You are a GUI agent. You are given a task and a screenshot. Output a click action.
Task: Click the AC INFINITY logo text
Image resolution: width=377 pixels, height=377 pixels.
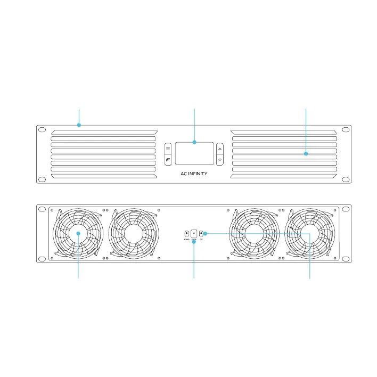[x=194, y=174]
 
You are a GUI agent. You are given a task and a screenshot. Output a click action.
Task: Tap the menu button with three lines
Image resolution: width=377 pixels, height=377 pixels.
[x=168, y=150]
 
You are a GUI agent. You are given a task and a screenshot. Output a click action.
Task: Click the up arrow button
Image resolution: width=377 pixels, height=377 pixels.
[x=220, y=150]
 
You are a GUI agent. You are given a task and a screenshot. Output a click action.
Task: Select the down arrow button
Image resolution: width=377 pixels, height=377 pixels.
[x=220, y=159]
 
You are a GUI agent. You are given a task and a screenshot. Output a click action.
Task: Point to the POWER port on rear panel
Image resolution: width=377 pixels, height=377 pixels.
[x=187, y=233]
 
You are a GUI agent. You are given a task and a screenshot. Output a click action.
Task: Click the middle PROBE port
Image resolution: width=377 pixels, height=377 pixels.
[x=194, y=233]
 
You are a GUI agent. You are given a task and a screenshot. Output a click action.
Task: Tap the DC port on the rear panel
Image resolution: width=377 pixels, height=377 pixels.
[x=201, y=233]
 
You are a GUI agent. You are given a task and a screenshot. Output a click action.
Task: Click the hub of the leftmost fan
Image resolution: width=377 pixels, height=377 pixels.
[x=78, y=233]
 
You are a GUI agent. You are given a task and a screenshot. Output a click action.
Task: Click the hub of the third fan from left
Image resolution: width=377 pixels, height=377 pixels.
[x=252, y=233]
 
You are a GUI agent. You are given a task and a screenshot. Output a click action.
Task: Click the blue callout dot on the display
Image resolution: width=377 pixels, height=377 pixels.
[x=194, y=142]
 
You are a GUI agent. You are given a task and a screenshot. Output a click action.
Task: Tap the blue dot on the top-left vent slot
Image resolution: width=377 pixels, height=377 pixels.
[x=79, y=126]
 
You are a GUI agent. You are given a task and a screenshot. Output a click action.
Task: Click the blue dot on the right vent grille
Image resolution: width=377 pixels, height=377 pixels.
[x=306, y=154]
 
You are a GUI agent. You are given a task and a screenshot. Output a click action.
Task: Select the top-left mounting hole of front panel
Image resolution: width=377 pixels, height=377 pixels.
[x=40, y=129]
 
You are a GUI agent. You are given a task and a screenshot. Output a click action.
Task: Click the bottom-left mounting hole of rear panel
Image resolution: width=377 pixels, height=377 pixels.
[x=40, y=259]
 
